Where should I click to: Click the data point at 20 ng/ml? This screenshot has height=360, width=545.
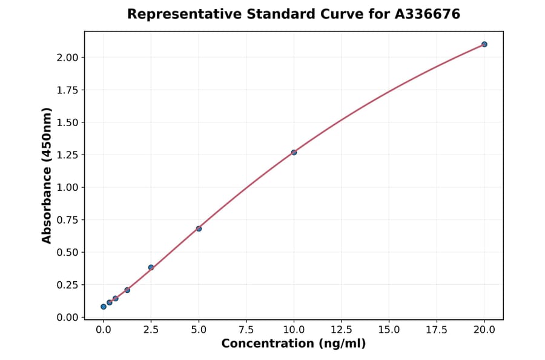[x=484, y=44]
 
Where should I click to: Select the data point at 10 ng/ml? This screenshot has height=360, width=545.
[x=294, y=152]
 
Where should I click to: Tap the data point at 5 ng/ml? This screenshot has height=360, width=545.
[x=199, y=228]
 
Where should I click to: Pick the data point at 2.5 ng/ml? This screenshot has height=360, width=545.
[x=151, y=267]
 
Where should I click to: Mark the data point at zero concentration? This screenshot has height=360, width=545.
[x=104, y=307]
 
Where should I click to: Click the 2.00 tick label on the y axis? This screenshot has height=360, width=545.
[x=67, y=58]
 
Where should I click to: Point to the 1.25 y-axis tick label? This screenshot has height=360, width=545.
[x=67, y=155]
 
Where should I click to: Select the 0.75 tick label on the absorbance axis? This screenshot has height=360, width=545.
[x=67, y=220]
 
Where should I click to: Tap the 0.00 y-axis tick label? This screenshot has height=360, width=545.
[x=67, y=318]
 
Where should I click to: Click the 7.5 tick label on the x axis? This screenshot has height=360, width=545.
[x=246, y=330]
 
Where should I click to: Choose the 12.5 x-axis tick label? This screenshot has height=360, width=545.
[x=341, y=330]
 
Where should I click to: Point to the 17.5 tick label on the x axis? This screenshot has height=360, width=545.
[x=437, y=330]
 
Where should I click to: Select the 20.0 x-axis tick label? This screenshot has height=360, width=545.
[x=484, y=330]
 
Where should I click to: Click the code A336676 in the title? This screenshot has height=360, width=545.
[x=428, y=14]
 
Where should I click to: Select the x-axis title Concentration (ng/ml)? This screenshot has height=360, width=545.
[x=294, y=344]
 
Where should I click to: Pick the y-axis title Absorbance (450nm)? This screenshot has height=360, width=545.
[x=47, y=175]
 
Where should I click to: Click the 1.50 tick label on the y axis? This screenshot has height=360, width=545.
[x=67, y=122]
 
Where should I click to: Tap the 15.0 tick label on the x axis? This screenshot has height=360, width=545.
[x=389, y=330]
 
